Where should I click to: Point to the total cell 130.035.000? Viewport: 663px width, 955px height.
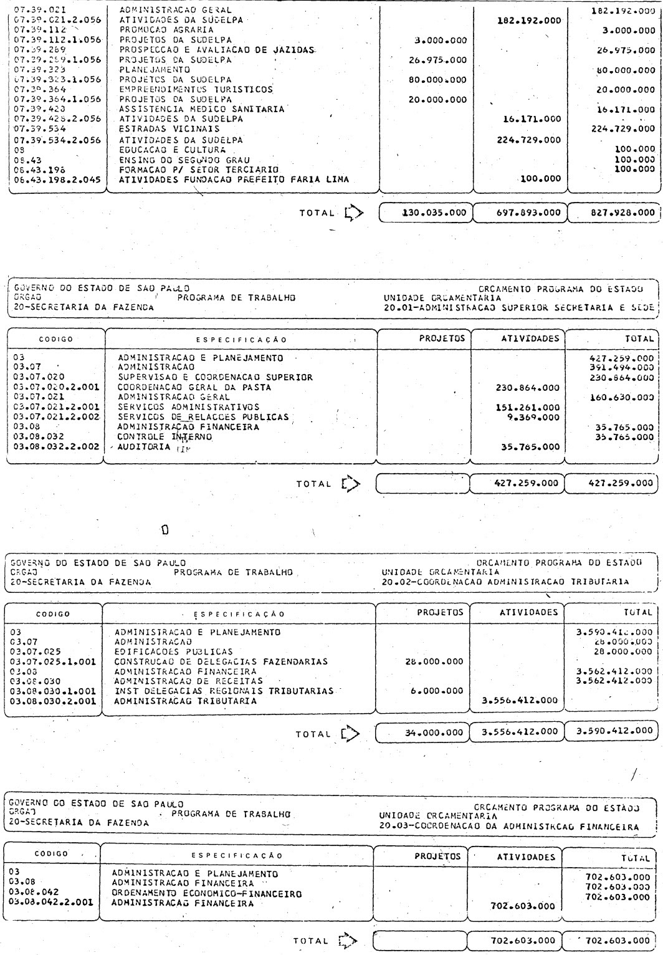[426, 212]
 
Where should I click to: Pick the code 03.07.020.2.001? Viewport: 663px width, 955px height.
[56, 388]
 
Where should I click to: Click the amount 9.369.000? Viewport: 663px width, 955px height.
[531, 417]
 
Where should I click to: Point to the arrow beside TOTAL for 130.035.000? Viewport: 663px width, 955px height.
[354, 213]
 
